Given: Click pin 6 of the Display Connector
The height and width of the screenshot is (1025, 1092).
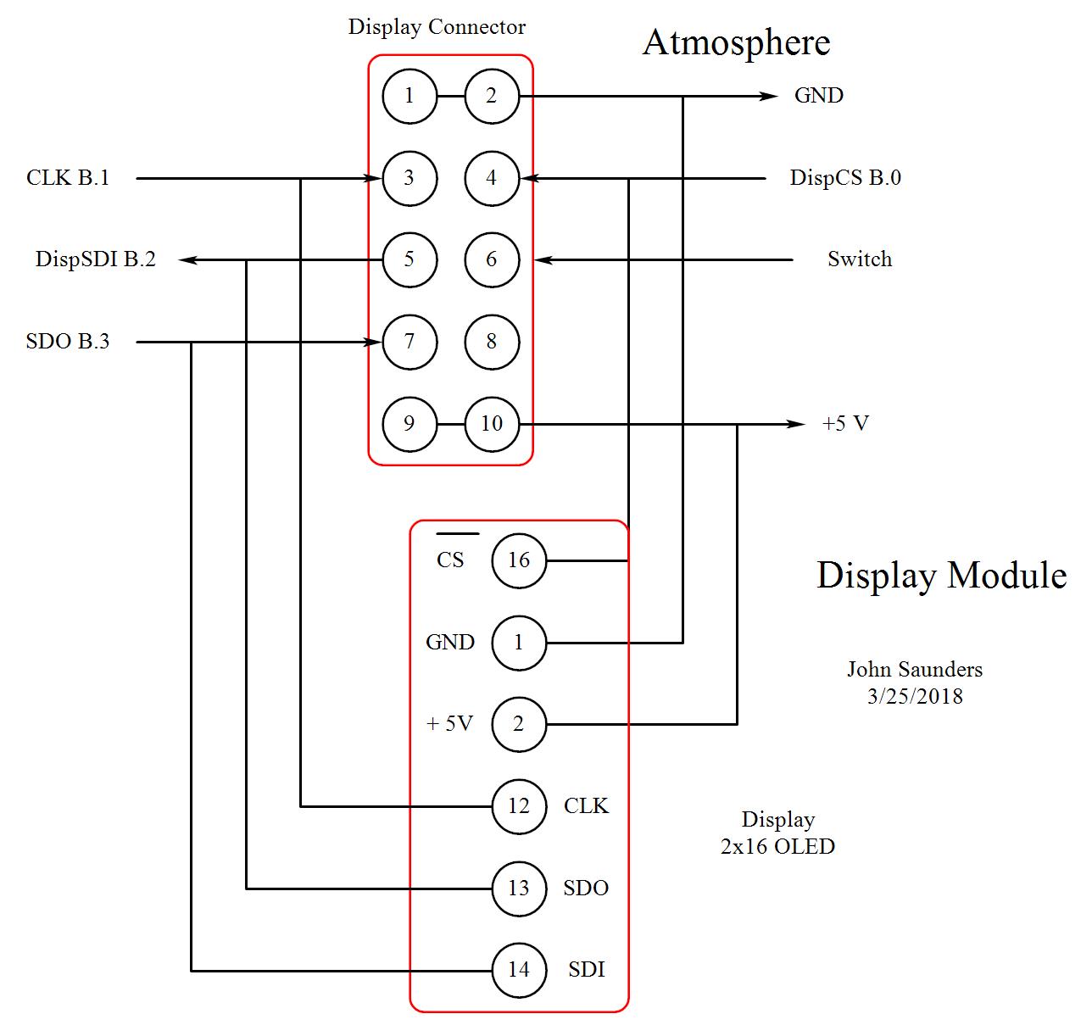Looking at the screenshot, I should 492,259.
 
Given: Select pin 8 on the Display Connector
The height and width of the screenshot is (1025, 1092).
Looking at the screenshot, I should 492,342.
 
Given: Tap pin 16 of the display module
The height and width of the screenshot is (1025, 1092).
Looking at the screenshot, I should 519,560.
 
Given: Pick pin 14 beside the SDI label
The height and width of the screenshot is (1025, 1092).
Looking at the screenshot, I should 519,970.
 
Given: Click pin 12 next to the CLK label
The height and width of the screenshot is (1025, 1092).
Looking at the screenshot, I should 519,806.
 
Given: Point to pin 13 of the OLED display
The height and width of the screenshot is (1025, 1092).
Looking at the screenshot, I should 519,889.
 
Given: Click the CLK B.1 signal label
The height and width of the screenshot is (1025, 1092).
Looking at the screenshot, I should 68,178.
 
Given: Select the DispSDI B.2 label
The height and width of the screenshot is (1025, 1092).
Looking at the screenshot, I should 96,259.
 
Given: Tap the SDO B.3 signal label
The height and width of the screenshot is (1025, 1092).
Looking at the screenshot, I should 68,342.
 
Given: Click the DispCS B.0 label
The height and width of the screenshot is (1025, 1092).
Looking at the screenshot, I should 845,178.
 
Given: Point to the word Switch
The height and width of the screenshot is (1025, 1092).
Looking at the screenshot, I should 860,259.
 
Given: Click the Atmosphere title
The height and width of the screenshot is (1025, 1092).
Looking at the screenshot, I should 737,43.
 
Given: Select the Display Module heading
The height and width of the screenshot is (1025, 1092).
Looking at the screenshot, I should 941,576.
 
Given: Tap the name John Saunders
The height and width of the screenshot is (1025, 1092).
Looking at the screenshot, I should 915,670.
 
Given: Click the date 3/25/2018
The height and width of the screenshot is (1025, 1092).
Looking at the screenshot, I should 915,697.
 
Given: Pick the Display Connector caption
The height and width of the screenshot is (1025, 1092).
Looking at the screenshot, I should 437,27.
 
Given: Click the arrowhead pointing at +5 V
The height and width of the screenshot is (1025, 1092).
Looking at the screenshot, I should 796,424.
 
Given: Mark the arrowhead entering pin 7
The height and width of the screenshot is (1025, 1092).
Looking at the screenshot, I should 372,343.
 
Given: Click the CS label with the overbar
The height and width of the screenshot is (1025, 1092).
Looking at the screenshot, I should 450,560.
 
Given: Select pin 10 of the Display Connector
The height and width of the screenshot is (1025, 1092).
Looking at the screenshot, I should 492,424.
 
